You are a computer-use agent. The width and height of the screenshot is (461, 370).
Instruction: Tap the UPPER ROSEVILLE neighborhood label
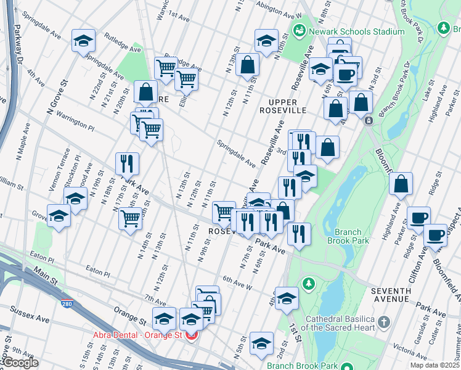pos(282,106)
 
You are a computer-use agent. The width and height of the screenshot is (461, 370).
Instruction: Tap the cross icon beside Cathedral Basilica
pos(383,322)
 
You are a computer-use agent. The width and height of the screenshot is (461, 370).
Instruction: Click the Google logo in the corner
pos(20,363)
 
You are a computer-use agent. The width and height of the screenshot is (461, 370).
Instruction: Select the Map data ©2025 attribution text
pos(434,365)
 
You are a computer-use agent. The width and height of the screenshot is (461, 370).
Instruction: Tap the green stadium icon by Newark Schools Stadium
pos(300,30)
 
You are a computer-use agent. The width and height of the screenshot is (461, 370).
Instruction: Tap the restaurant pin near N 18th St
pos(126,163)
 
